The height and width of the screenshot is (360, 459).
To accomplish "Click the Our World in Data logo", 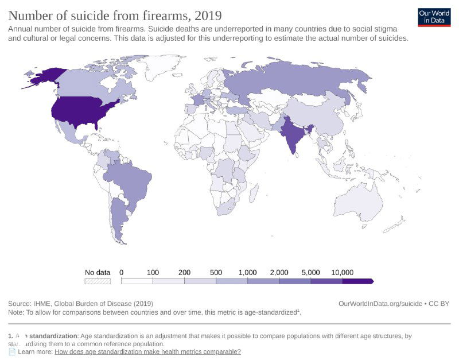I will tap(434, 16).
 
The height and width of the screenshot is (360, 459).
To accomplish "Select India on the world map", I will tap(294, 136).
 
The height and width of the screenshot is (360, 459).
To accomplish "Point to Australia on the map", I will tap(360, 204).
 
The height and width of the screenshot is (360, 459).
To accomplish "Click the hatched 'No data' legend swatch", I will tap(97, 281).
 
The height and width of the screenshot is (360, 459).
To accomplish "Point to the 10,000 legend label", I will tap(342, 272).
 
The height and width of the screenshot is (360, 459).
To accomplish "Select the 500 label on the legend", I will tap(216, 272).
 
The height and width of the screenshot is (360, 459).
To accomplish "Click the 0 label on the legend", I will tap(122, 272).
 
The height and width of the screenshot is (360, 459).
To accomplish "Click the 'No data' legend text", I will tap(97, 272).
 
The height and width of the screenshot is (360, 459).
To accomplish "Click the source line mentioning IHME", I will tap(80, 303).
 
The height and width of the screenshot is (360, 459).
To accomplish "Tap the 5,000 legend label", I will tap(310, 272).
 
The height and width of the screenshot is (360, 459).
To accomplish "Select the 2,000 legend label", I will tap(279, 272).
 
